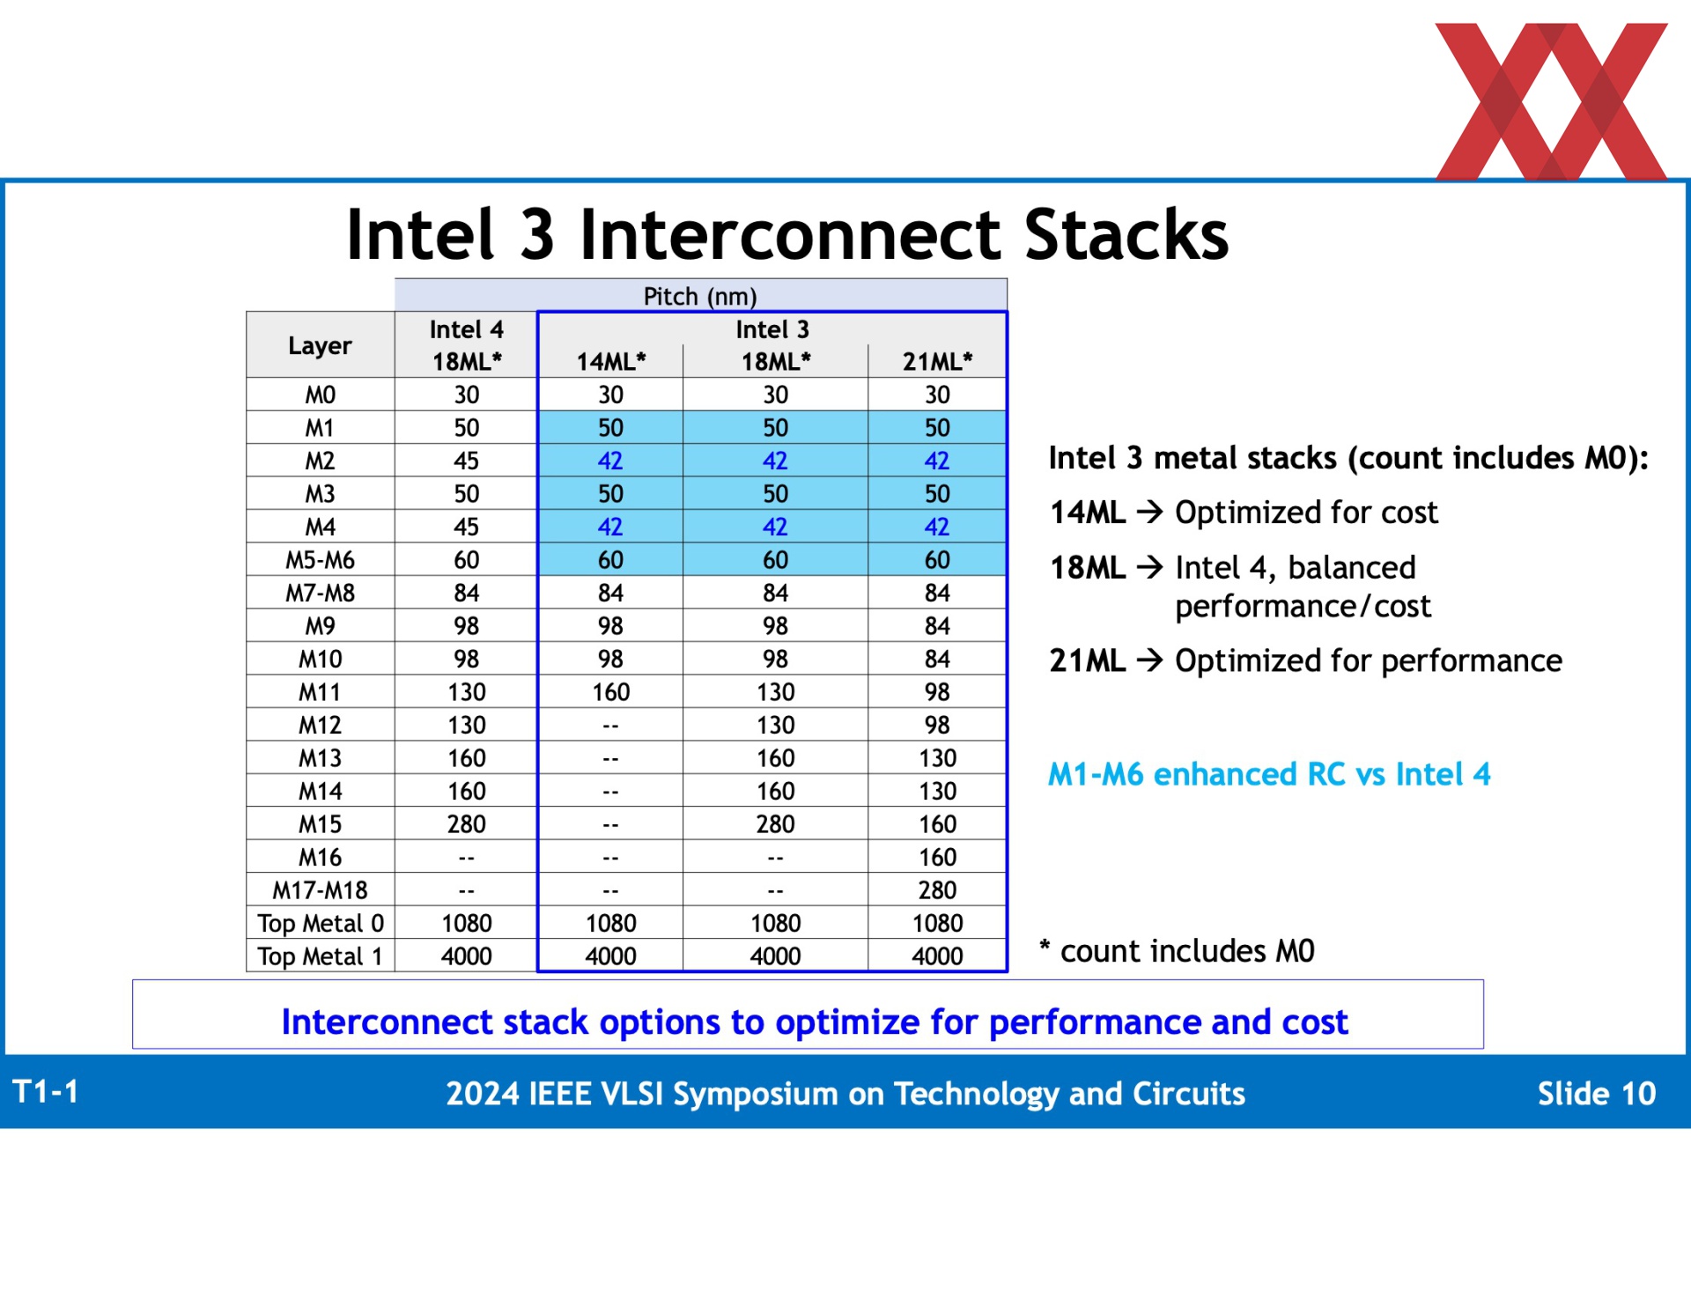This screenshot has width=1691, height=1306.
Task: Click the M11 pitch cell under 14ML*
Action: coord(610,692)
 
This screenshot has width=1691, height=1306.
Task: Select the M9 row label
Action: coord(320,626)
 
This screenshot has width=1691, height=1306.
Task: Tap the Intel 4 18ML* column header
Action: coord(466,345)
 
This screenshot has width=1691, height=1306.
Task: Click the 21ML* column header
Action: coord(937,361)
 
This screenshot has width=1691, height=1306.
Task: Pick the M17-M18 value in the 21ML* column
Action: coord(937,890)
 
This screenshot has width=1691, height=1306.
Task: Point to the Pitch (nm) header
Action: coord(700,297)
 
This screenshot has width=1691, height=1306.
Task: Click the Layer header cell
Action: coord(320,345)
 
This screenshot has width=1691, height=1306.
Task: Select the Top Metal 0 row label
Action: coord(321,923)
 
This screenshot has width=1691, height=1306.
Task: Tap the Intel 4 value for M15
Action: coord(466,824)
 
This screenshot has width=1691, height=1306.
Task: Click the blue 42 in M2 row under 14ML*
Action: coord(610,461)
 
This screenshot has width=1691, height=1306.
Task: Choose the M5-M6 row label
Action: coord(320,560)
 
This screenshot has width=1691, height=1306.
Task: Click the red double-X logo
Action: coord(1551,101)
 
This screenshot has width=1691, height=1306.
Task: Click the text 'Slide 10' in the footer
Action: coord(1597,1093)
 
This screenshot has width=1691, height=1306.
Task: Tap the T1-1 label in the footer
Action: coord(46,1092)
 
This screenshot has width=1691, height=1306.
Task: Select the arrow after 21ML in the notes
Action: coord(1150,660)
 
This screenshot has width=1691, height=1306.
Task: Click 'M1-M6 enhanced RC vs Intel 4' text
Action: coord(1269,774)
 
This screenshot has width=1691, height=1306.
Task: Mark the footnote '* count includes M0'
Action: coord(1177,951)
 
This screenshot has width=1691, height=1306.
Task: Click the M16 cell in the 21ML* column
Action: coord(937,857)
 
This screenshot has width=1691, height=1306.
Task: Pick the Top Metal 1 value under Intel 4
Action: coord(466,956)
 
